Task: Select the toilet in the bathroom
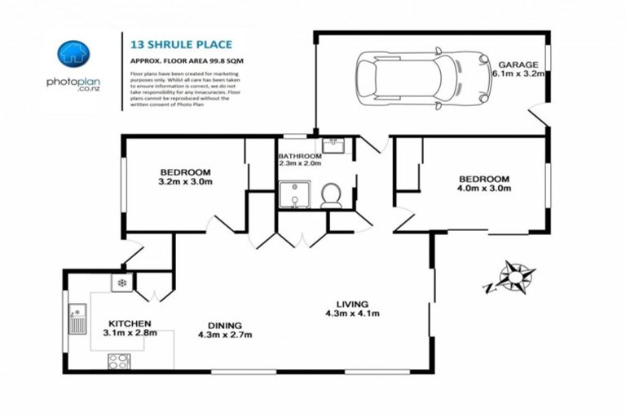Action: (331, 195)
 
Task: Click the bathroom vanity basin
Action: (334, 145)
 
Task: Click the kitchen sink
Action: (77, 318)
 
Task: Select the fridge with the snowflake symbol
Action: (122, 283)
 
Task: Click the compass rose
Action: (514, 277)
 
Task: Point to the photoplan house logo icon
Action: (73, 53)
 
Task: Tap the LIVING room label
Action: (352, 304)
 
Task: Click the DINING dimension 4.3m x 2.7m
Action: (225, 334)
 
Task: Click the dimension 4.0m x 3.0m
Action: (483, 189)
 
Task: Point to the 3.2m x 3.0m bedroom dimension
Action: (185, 182)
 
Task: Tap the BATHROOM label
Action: (301, 155)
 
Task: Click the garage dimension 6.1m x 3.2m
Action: (518, 73)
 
